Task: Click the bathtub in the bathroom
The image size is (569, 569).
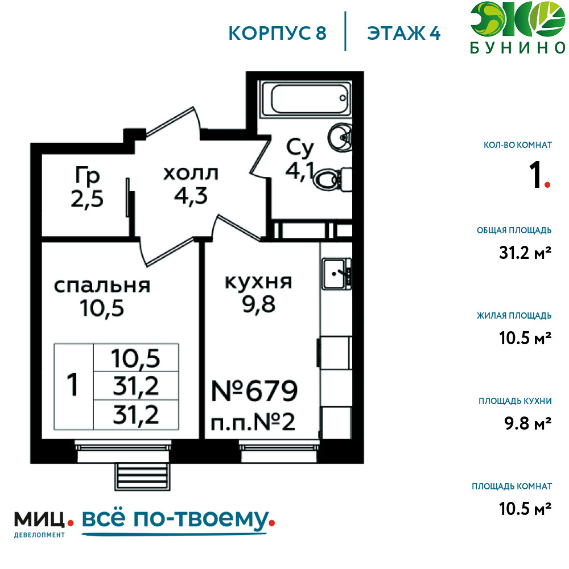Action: coord(307,98)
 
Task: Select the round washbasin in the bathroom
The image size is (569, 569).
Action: coord(340,137)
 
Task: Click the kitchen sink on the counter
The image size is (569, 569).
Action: coord(336,274)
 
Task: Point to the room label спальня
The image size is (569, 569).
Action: coord(102,286)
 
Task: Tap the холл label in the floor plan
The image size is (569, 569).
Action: coord(191,174)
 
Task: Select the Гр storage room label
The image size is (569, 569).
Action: coord(88,175)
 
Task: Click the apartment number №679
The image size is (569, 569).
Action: coord(254,391)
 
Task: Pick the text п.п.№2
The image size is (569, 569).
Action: coord(253,423)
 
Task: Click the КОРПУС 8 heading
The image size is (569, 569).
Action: coord(278,34)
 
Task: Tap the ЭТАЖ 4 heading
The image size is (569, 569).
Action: coord(404,34)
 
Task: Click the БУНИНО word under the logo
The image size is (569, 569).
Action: coord(517,48)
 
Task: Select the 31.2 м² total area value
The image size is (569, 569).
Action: coord(525,253)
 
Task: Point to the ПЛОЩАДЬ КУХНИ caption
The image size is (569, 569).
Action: coord(515,401)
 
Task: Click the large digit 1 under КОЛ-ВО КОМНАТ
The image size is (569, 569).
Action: coord(536,175)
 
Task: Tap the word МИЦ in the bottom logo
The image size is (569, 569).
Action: coord(39,519)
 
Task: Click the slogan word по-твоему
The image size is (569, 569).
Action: coord(201,519)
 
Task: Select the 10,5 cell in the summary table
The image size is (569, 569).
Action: coord(136,358)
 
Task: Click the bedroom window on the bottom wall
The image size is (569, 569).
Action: coord(123,451)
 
